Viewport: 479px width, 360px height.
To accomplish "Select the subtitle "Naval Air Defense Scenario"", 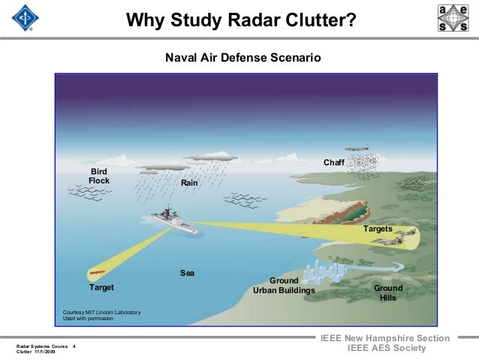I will pos(243,57).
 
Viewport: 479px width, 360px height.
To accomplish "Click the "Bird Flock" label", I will pos(99,176).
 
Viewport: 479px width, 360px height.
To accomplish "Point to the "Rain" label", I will pos(189,183).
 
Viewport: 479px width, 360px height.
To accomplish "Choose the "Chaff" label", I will pos(333,163).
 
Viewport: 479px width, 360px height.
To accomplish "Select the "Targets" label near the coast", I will pos(378,228).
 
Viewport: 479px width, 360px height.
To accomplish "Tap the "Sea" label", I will pos(187,272).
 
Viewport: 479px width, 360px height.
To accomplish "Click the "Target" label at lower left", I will pos(101,288).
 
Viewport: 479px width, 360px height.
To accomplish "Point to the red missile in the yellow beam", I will pos(96,271).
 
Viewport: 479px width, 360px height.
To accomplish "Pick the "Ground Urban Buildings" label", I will pos(284,286).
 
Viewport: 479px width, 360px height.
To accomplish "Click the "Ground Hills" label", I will pos(388,292).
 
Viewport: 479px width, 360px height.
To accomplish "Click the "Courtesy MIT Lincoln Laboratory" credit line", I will pos(96,312).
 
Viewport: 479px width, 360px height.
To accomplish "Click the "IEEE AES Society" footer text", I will pos(386,350).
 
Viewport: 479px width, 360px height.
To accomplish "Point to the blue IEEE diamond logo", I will pos(22,17).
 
